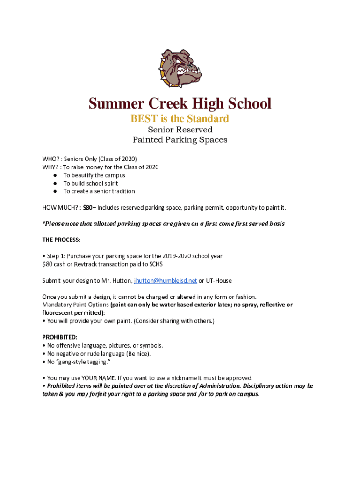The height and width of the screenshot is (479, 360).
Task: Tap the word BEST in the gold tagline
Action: coord(145,119)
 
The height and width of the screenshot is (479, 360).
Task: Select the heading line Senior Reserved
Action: coord(180,130)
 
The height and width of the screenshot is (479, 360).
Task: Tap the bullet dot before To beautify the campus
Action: coord(55,175)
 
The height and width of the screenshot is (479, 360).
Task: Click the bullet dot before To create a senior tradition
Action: coord(55,191)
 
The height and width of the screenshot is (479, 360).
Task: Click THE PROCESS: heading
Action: coord(61,240)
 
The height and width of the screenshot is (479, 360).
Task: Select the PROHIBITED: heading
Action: coord(60,337)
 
